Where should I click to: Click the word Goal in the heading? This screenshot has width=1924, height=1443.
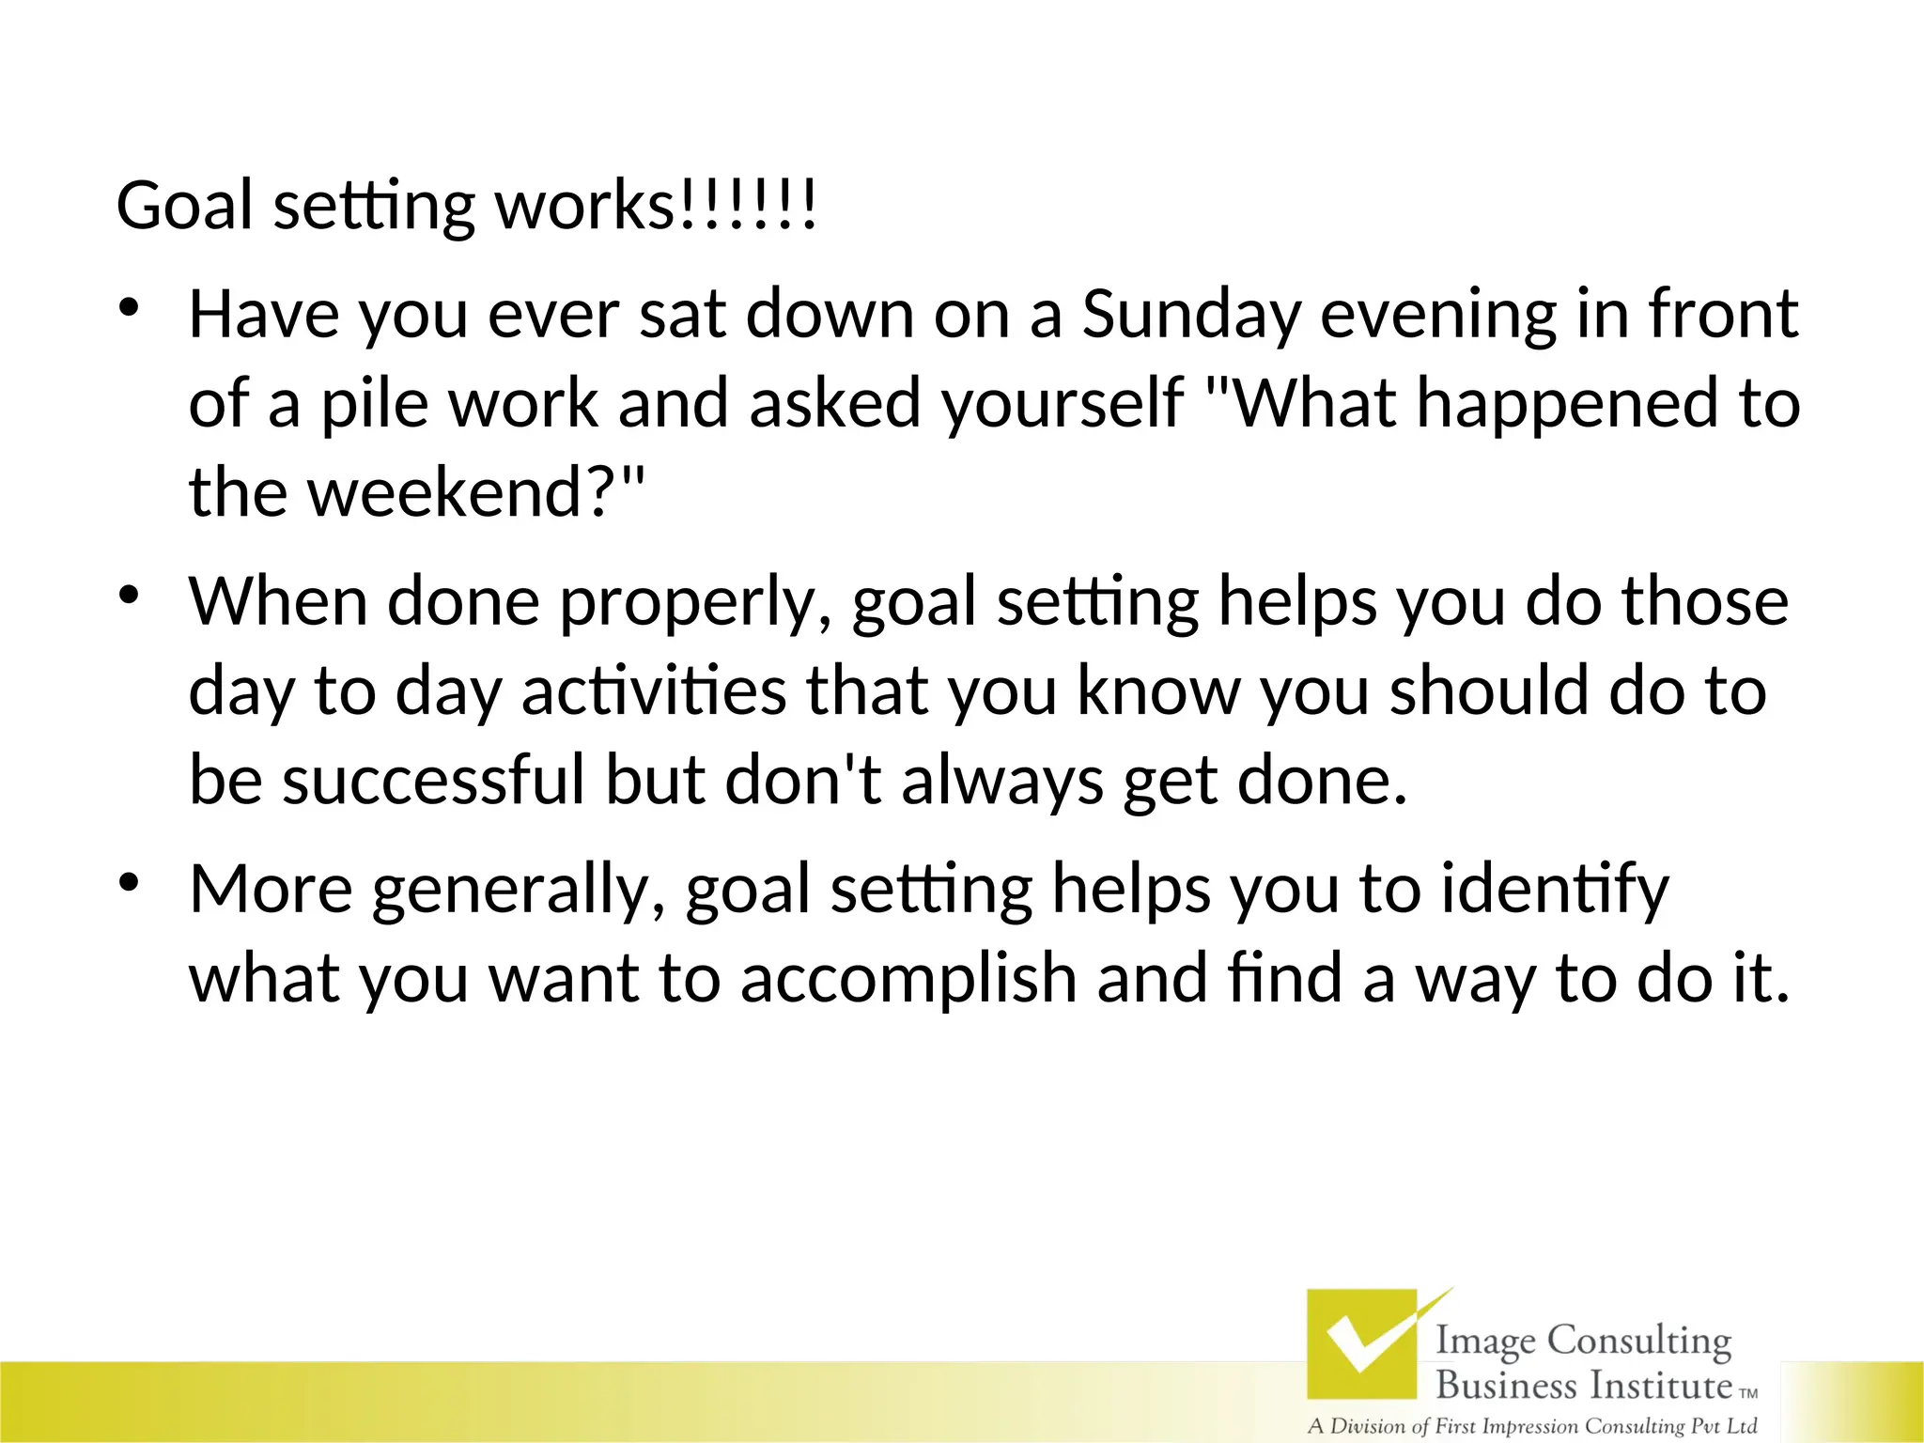pyautogui.click(x=184, y=206)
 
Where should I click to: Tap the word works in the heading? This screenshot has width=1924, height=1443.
pyautogui.click(x=583, y=206)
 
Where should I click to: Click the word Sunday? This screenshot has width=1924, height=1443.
pyautogui.click(x=1190, y=316)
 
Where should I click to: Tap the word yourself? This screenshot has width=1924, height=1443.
pyautogui.click(x=1063, y=404)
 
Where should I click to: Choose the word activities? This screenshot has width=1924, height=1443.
pyautogui.click(x=654, y=691)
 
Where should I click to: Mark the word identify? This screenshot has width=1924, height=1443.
pyautogui.click(x=1555, y=891)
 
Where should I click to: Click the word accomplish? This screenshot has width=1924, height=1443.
pyautogui.click(x=908, y=979)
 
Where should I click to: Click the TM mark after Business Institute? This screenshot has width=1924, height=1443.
pyautogui.click(x=1748, y=1394)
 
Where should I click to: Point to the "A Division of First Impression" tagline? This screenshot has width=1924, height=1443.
pyautogui.click(x=1532, y=1426)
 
